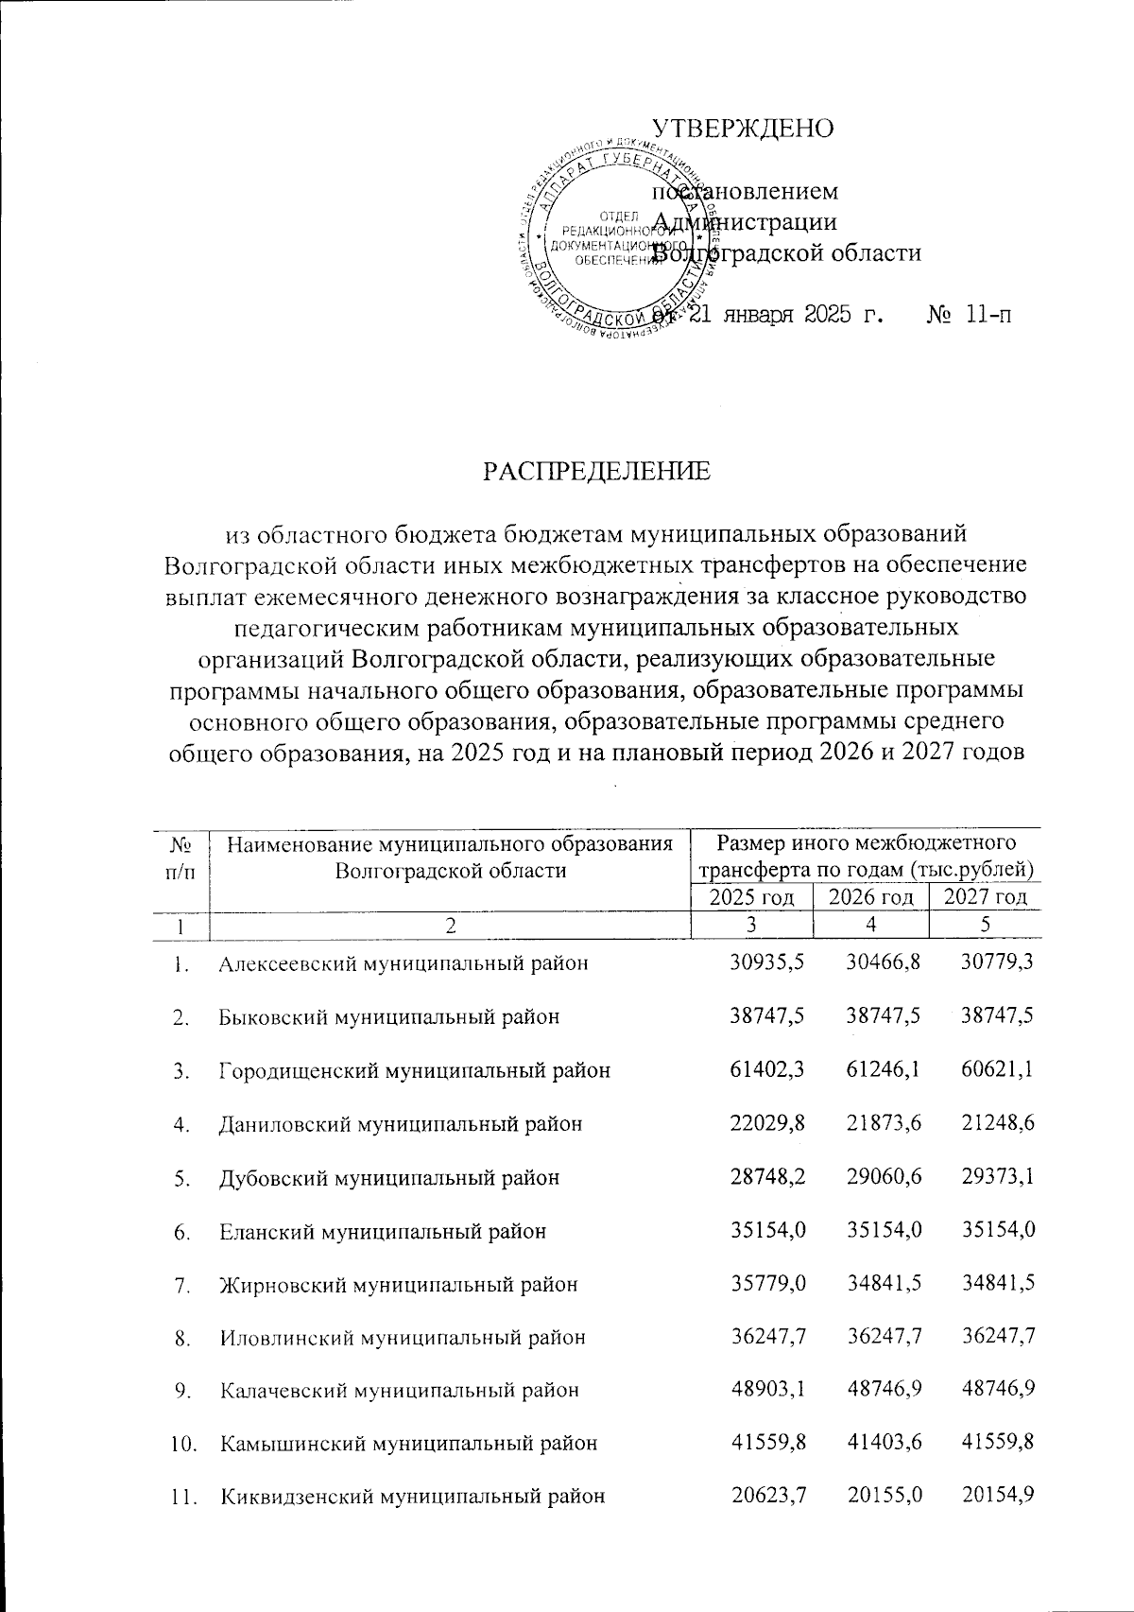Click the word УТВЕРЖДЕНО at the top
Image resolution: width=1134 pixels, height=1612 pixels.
pyautogui.click(x=744, y=129)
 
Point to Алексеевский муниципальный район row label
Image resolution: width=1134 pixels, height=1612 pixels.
pyautogui.click(x=404, y=963)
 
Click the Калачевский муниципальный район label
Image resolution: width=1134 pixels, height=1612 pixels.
pyautogui.click(x=399, y=1390)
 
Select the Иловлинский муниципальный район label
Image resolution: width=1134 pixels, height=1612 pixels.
pyautogui.click(x=403, y=1337)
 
